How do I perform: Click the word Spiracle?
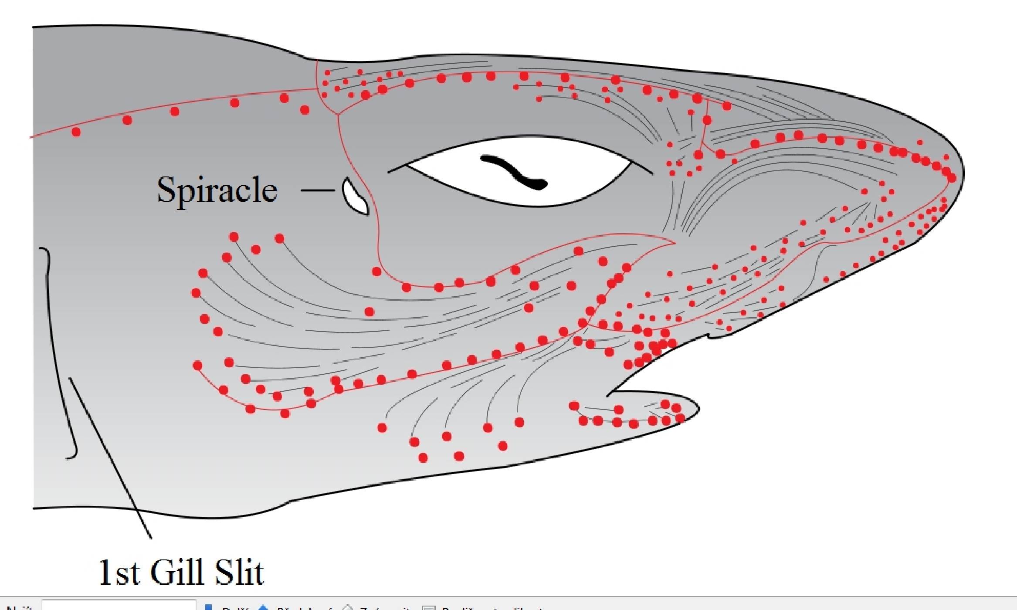[217, 190]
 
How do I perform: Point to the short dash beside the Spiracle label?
[317, 190]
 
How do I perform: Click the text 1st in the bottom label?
[119, 573]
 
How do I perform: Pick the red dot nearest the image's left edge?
[76, 131]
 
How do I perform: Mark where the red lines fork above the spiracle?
[338, 114]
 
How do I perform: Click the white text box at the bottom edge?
[119, 605]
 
